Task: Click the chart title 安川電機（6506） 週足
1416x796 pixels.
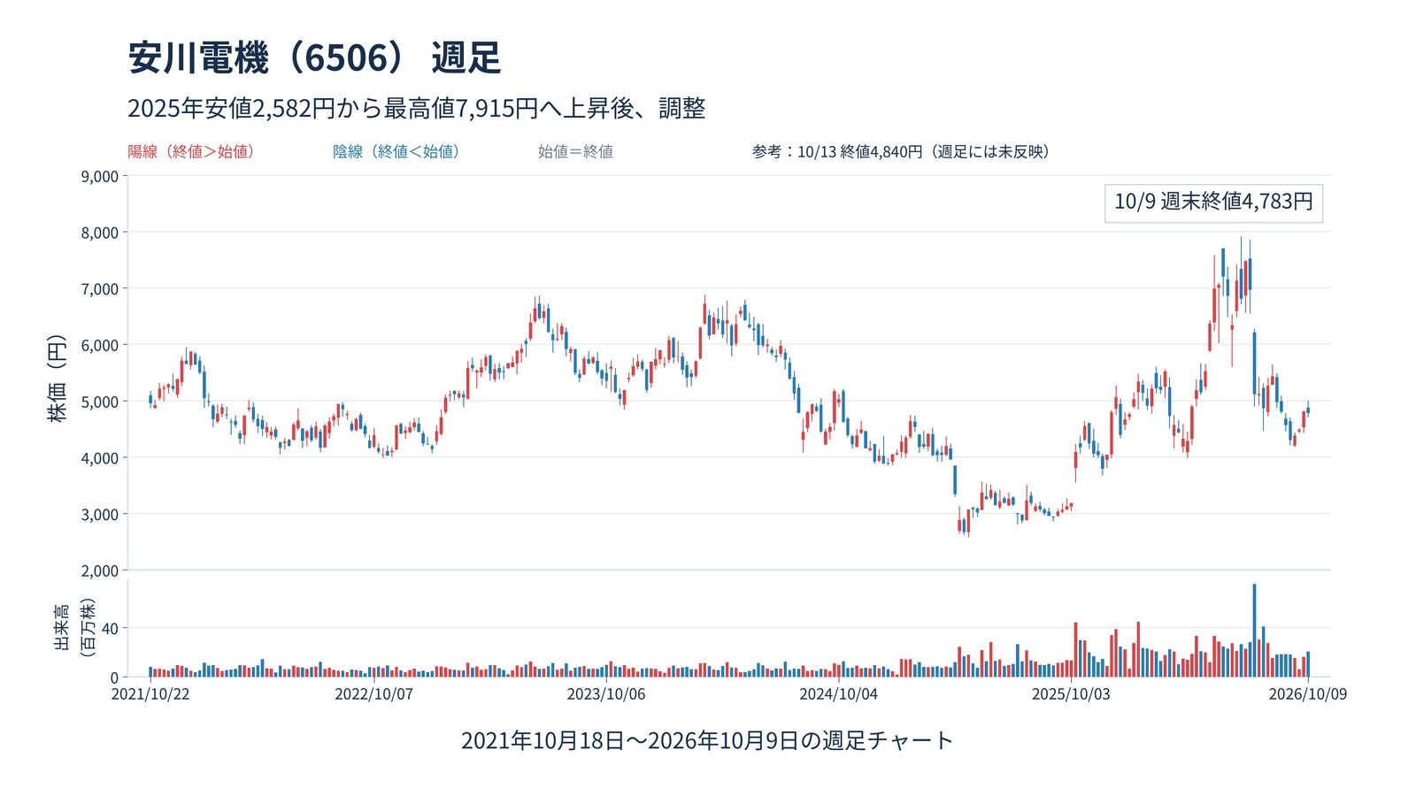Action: (315, 58)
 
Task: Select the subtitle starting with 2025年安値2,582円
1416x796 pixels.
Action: (417, 108)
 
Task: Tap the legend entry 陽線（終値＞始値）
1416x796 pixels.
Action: (191, 151)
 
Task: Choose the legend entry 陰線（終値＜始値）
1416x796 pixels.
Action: (396, 151)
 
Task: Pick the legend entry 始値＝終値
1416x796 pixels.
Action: (575, 151)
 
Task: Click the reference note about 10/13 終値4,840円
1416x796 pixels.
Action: (901, 151)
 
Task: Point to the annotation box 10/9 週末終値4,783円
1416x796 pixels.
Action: (1213, 203)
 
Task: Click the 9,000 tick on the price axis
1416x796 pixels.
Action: (100, 176)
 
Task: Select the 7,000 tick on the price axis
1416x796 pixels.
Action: (100, 288)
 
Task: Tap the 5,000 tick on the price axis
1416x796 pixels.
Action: (100, 402)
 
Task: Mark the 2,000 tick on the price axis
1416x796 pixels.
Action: (100, 570)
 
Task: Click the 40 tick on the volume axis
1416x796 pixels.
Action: (110, 628)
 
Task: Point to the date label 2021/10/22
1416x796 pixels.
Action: (150, 693)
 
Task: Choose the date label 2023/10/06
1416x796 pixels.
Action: (606, 693)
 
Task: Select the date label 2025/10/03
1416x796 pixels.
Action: (1071, 693)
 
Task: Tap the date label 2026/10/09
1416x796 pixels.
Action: (1308, 693)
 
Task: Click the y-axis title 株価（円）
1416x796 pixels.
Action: (57, 379)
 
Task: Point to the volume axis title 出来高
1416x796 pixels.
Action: (61, 627)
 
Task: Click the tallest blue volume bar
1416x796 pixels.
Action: (1254, 631)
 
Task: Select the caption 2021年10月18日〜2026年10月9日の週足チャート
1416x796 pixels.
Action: (707, 740)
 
